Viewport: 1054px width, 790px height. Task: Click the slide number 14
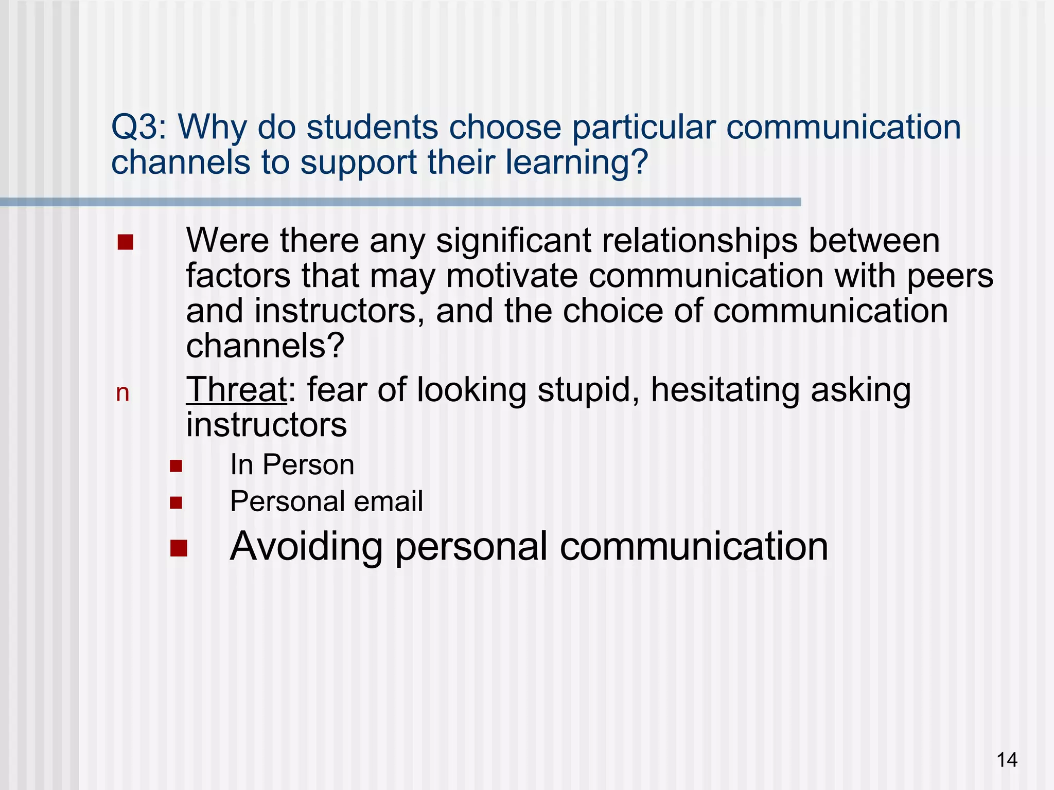pyautogui.click(x=1007, y=760)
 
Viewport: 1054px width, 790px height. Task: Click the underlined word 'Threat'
pyautogui.click(x=236, y=390)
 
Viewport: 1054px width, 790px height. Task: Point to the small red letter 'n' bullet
pyautogui.click(x=122, y=393)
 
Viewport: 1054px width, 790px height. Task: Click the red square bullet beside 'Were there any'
pyautogui.click(x=125, y=242)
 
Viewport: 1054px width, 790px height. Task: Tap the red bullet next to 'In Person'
pyautogui.click(x=176, y=466)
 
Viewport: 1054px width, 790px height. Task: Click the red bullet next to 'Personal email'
pyautogui.click(x=176, y=502)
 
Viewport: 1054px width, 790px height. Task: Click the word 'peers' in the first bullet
pyautogui.click(x=950, y=276)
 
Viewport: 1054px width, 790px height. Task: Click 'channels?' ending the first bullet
pyautogui.click(x=265, y=346)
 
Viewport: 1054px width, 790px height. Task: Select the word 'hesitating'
pyautogui.click(x=725, y=390)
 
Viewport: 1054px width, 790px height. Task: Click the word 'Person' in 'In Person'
pyautogui.click(x=308, y=465)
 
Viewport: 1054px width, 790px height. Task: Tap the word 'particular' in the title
pyautogui.click(x=644, y=127)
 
